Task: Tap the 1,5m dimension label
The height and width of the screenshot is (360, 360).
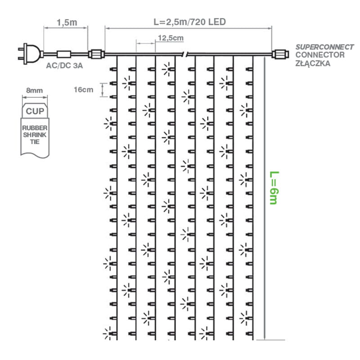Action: tap(66, 22)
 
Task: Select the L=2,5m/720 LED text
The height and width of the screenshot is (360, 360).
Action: tap(189, 22)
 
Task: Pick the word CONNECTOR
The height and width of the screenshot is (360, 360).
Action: tap(320, 55)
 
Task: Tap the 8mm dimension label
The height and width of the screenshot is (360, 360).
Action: tap(35, 90)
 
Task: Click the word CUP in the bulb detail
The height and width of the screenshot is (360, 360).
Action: tap(35, 111)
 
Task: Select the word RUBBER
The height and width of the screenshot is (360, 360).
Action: tap(35, 128)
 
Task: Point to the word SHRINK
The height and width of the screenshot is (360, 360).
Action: tap(35, 135)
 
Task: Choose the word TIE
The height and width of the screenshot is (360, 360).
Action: tap(35, 141)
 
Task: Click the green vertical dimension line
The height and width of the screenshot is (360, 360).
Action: tap(265, 198)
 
